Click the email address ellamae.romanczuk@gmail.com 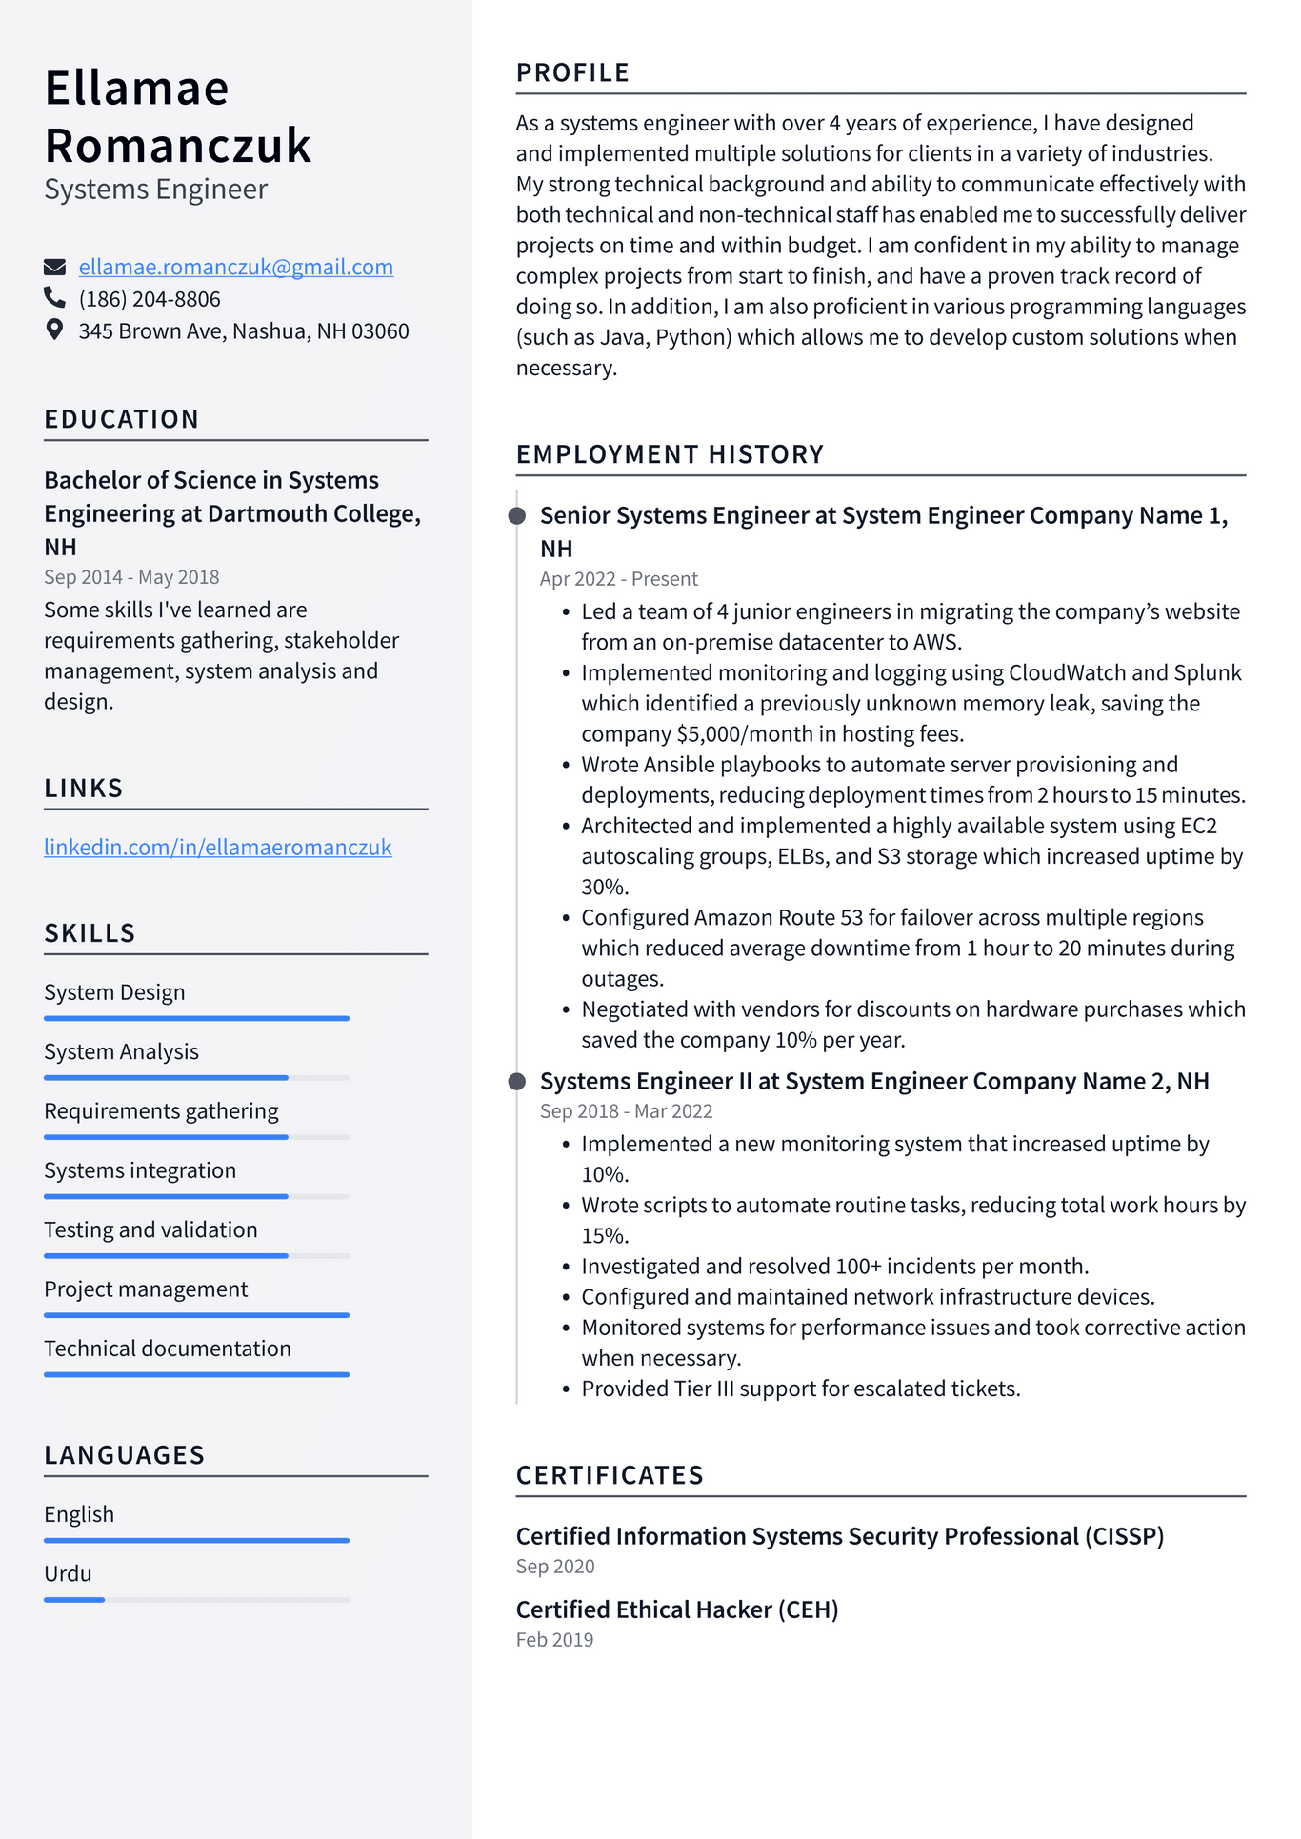[235, 267]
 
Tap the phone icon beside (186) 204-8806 [54, 298]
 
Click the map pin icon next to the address [54, 330]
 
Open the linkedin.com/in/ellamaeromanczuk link [217, 847]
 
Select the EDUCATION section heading [121, 419]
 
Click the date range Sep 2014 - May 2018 [131, 577]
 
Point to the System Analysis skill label [121, 1051]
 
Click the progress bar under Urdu [196, 1600]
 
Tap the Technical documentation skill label [168, 1349]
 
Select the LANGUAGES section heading [124, 1455]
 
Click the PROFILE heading [572, 73]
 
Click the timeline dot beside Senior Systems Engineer [517, 516]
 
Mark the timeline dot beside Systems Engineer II [517, 1082]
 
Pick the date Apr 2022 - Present [618, 579]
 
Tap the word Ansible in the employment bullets [678, 765]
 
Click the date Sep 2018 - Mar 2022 [626, 1111]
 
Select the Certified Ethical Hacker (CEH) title [676, 1609]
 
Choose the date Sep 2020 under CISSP [554, 1567]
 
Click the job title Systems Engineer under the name [155, 190]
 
